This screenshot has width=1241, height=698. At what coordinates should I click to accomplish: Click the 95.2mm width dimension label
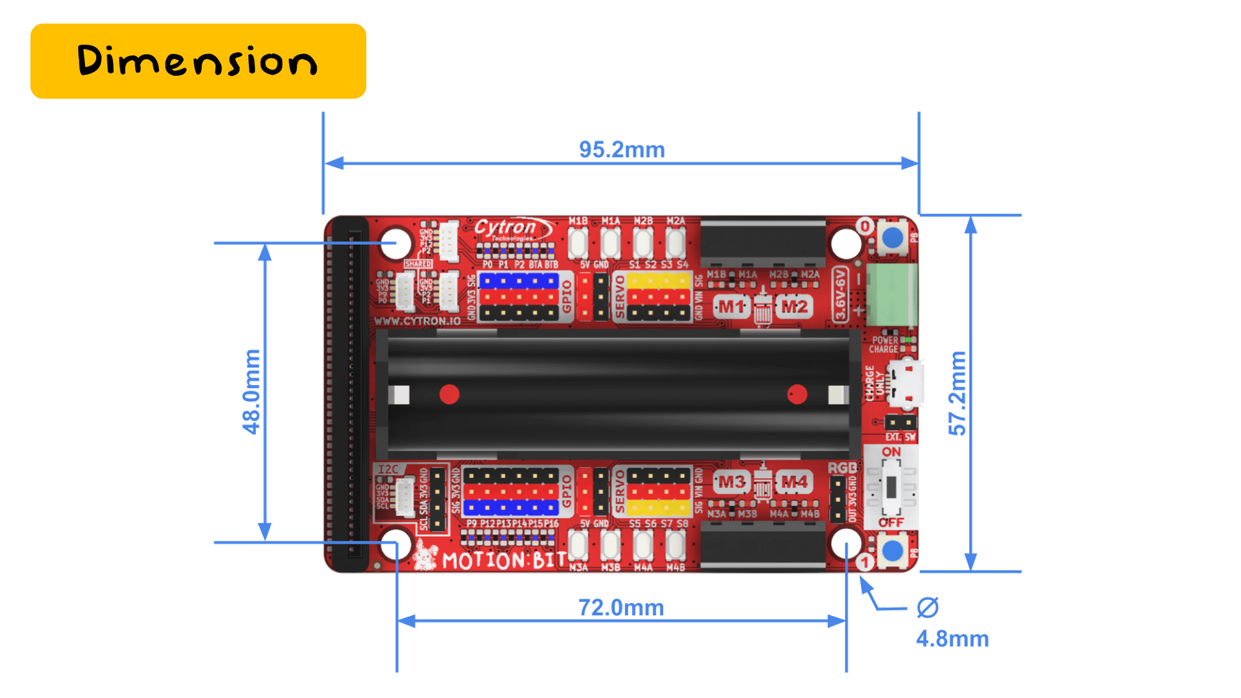(x=621, y=150)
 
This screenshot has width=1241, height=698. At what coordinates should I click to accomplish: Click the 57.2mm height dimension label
(x=957, y=392)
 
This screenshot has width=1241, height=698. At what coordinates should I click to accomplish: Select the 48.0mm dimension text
(x=251, y=391)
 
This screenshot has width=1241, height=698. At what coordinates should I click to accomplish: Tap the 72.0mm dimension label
(x=621, y=607)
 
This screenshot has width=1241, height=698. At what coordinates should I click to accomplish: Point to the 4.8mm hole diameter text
(x=952, y=638)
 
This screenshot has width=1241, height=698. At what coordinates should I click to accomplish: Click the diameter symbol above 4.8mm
(x=927, y=607)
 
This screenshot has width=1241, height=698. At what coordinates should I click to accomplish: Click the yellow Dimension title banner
(x=198, y=61)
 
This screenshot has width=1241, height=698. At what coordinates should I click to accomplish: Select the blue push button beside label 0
(x=893, y=237)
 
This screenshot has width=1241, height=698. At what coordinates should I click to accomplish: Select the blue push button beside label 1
(x=893, y=550)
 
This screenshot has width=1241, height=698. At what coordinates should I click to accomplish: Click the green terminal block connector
(x=891, y=294)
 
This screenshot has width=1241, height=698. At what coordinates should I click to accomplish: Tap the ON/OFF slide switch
(x=891, y=487)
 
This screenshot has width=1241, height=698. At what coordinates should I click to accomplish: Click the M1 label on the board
(x=731, y=307)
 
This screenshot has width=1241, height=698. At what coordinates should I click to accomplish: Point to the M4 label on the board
(x=794, y=482)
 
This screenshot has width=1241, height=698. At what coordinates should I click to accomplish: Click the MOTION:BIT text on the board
(x=503, y=561)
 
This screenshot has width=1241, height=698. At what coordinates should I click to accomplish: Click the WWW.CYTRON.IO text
(x=417, y=321)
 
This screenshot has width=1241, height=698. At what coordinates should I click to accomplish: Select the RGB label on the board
(x=842, y=468)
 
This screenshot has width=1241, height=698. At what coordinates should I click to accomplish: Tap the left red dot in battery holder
(x=449, y=394)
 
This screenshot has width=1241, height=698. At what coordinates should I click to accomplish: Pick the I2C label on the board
(x=389, y=469)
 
